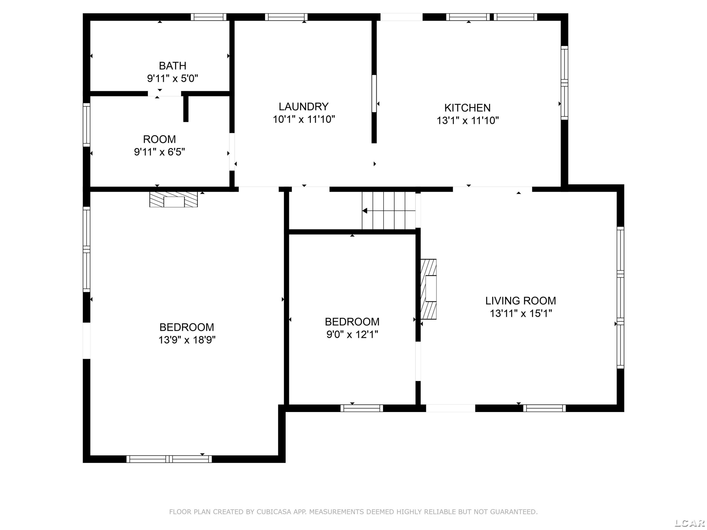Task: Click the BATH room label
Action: [173, 66]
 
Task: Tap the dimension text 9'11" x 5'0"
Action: [173, 78]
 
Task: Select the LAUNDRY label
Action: [304, 106]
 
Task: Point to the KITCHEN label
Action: [468, 108]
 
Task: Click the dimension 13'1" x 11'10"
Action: [468, 120]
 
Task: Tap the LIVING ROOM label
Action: [521, 301]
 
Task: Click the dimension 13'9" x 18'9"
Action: [187, 340]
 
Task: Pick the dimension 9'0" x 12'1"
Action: [352, 334]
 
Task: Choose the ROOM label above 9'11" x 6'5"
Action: [160, 139]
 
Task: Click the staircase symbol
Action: [388, 211]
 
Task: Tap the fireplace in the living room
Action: [428, 289]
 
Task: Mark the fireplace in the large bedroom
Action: [173, 199]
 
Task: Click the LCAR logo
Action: [689, 523]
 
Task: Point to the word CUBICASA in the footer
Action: [274, 512]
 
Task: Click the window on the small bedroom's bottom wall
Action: [362, 408]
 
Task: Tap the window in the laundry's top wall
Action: [286, 17]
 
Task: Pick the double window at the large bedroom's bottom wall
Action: [169, 459]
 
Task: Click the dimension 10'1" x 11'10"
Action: [304, 119]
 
